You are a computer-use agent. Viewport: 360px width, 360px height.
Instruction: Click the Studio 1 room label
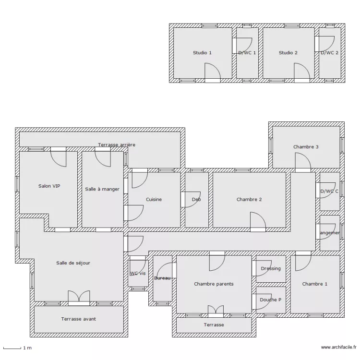point(202,53)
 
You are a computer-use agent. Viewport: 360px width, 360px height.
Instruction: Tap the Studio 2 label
point(288,53)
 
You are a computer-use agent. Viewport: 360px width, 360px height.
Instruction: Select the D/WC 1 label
point(247,53)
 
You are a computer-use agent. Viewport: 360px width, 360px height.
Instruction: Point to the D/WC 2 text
point(330,53)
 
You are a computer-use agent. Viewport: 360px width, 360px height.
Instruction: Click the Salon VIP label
point(49,186)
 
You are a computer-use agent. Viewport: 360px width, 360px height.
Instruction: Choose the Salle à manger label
point(102,189)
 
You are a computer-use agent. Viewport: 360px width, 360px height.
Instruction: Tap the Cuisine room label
point(154,200)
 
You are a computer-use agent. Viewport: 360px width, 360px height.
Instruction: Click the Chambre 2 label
point(249,200)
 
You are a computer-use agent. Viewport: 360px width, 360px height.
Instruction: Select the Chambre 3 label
point(306,147)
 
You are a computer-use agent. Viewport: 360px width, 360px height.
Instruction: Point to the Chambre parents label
point(214,284)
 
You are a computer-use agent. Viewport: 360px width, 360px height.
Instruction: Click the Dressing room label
point(271,269)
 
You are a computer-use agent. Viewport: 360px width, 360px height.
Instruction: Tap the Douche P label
point(271,300)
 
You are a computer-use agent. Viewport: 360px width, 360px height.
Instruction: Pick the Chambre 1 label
point(315,284)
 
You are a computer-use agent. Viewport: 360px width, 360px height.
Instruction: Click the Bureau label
point(162,278)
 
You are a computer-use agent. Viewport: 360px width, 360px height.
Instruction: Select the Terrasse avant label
point(78,319)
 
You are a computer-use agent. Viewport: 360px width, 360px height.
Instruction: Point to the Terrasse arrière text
point(117,144)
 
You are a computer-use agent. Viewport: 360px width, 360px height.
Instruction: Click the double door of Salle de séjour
point(79,298)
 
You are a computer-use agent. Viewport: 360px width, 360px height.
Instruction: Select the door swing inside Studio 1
point(212,72)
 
